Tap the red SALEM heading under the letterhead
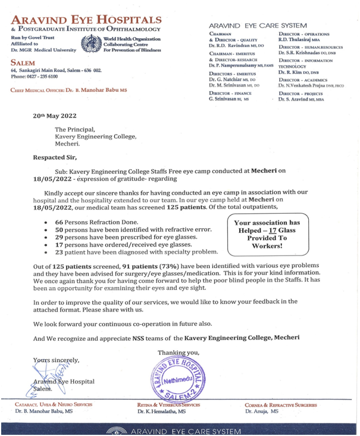coord(23,62)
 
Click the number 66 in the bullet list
coord(59,220)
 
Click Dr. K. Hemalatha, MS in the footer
coord(161,411)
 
